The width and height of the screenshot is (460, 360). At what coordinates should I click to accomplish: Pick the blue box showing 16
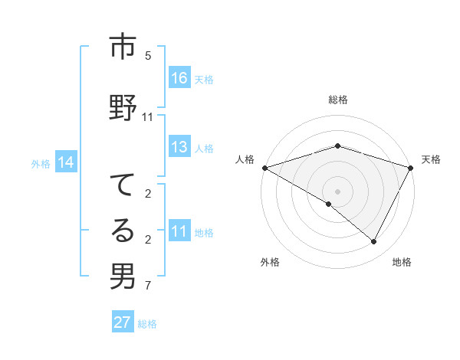click(x=179, y=78)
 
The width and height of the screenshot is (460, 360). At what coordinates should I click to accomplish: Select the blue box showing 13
click(x=179, y=148)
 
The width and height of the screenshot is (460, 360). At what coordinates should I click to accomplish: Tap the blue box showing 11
click(x=179, y=232)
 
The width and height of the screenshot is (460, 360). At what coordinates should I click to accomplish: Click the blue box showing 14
click(x=66, y=162)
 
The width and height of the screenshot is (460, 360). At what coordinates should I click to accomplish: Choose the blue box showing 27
click(x=123, y=322)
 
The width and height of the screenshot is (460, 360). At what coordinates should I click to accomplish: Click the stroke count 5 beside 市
click(x=148, y=56)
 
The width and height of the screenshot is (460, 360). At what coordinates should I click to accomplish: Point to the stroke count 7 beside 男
click(x=148, y=286)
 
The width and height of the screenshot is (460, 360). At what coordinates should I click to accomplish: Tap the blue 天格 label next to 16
click(x=204, y=79)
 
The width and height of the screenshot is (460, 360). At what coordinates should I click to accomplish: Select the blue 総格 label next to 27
click(x=147, y=324)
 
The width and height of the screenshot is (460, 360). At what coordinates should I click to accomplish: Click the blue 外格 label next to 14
click(x=41, y=163)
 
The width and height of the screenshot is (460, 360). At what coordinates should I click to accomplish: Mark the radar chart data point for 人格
click(x=264, y=168)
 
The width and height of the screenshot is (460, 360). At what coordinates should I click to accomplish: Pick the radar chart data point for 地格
click(x=374, y=242)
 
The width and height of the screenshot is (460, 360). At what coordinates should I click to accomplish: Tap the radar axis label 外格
click(x=270, y=263)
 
